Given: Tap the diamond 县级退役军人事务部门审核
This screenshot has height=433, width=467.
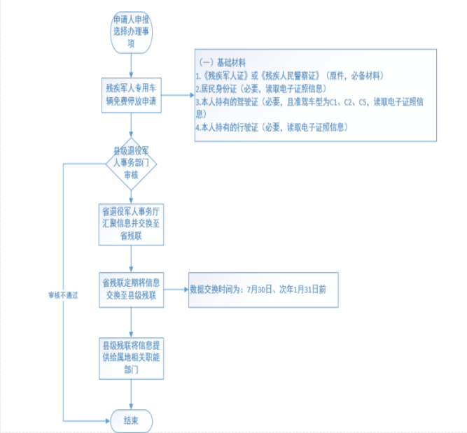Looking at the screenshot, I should pyautogui.click(x=131, y=163).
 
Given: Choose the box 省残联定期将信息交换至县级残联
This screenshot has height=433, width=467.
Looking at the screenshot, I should pyautogui.click(x=131, y=288).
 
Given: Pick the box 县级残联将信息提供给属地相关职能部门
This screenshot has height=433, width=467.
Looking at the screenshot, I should pyautogui.click(x=131, y=358).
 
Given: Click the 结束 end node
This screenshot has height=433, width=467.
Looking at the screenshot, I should pyautogui.click(x=131, y=420).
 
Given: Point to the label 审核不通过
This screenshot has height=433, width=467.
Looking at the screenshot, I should pyautogui.click(x=62, y=294).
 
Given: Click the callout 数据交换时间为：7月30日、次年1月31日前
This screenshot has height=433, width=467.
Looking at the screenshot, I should pyautogui.click(x=260, y=288).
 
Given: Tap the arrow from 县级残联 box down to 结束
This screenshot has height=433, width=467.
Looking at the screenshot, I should pyautogui.click(x=131, y=395).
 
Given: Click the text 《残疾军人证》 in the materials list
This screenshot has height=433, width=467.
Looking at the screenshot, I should pyautogui.click(x=221, y=74).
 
